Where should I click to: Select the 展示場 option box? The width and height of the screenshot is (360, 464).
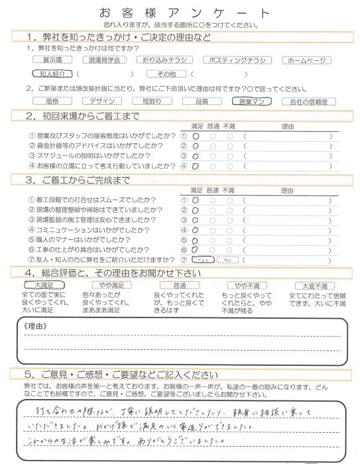(x=55, y=60)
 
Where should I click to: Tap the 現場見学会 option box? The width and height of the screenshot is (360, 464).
(x=109, y=60)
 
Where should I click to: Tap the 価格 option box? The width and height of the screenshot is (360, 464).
(x=55, y=101)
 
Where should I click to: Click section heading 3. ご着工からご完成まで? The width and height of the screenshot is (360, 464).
(x=87, y=180)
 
